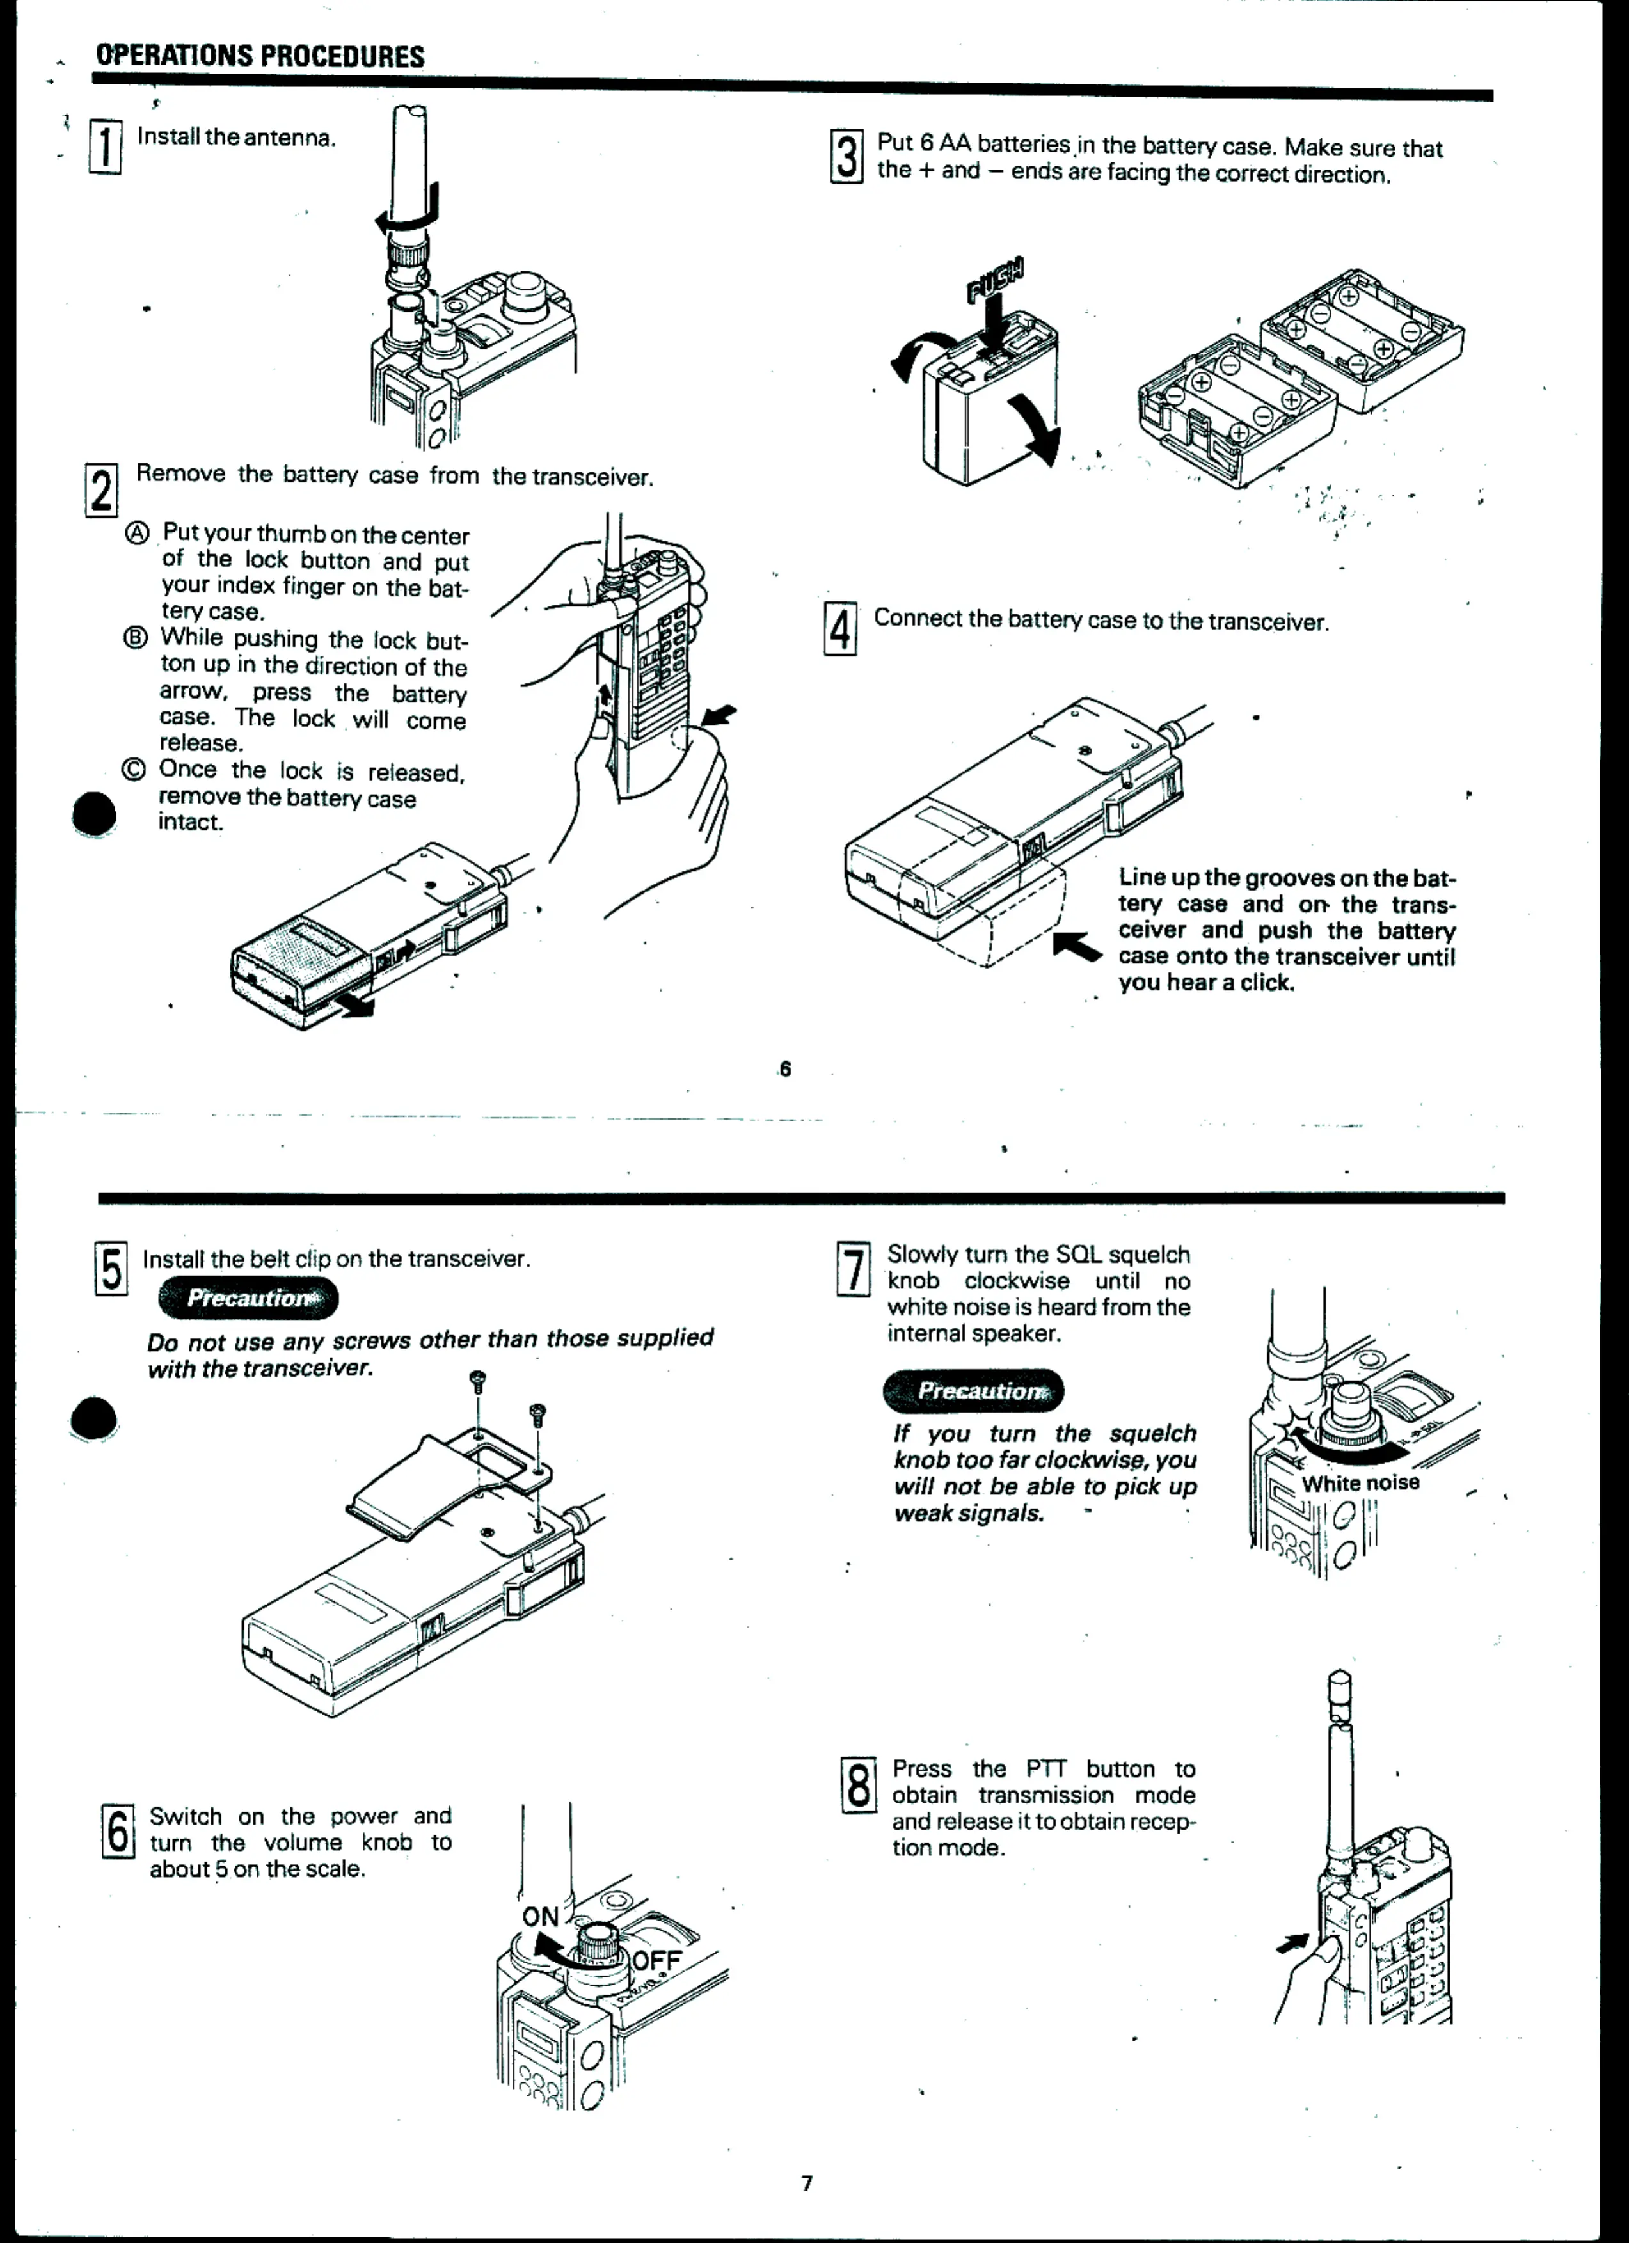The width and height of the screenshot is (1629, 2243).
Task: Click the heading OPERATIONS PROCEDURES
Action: click(x=259, y=56)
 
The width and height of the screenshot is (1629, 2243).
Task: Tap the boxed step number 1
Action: click(x=106, y=147)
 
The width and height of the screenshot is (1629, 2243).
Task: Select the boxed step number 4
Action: click(x=839, y=628)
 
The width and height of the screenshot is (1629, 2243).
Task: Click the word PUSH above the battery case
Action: click(x=996, y=278)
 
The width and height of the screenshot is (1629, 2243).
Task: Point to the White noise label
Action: click(x=1360, y=1484)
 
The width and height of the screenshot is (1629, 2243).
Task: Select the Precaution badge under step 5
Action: click(x=248, y=1299)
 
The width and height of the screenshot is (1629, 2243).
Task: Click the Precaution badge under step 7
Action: click(x=973, y=1390)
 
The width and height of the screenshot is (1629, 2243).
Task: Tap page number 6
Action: click(x=785, y=1068)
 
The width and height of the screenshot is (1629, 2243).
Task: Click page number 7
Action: click(x=807, y=2183)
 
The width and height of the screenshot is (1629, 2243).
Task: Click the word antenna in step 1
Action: click(x=288, y=138)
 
